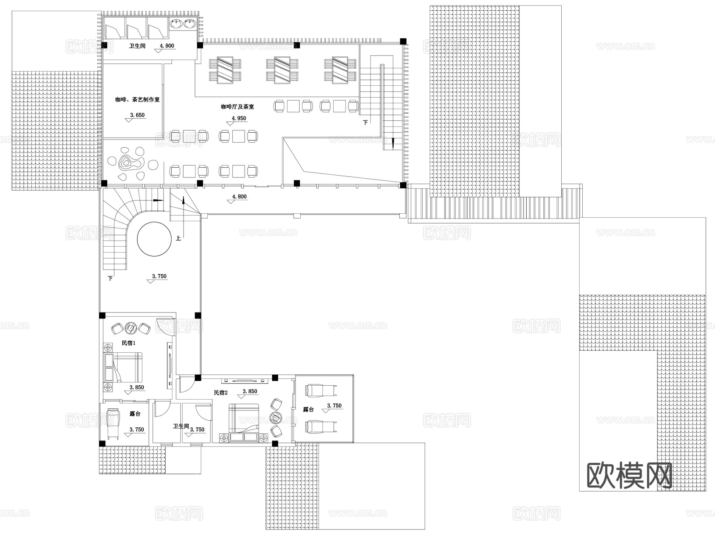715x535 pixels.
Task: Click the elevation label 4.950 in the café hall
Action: (239, 118)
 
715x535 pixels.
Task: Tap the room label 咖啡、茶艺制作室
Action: (137, 100)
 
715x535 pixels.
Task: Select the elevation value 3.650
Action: (137, 115)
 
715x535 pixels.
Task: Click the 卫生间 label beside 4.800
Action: (137, 46)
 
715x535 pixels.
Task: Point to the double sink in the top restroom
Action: (184, 24)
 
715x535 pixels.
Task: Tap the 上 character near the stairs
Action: (178, 238)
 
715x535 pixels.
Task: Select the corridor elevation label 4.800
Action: (239, 197)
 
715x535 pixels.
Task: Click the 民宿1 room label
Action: (128, 343)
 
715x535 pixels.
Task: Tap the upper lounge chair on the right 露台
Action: (320, 390)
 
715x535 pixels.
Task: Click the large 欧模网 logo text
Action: (629, 475)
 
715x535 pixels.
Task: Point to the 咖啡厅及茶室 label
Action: (238, 107)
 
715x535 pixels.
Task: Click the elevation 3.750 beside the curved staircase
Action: (159, 276)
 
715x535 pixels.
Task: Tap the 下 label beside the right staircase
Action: (365, 123)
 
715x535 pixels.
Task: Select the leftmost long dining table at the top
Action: (225, 70)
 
